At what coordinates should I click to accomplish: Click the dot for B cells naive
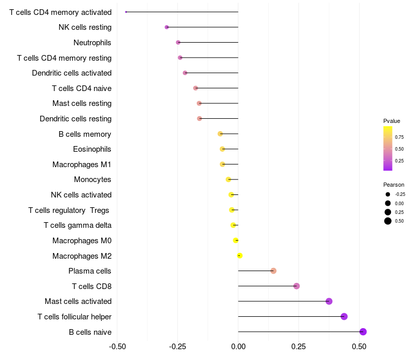(x=363, y=332)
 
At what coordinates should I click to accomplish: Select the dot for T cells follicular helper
(x=344, y=316)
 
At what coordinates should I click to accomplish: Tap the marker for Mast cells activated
(x=329, y=301)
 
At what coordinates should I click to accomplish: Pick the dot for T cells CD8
(x=296, y=286)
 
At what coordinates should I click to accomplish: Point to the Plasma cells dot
(x=273, y=271)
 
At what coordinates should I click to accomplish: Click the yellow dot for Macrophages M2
(x=239, y=256)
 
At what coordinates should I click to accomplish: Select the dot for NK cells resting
(x=166, y=27)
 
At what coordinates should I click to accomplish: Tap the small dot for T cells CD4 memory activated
(x=126, y=12)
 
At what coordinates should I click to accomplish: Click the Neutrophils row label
(x=92, y=42)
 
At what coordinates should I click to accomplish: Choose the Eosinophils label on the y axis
(x=92, y=149)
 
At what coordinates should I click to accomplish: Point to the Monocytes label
(x=92, y=179)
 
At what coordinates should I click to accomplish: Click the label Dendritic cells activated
(x=71, y=73)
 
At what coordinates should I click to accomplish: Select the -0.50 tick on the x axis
(x=118, y=347)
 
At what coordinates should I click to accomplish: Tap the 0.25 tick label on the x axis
(x=299, y=347)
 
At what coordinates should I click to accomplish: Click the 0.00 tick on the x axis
(x=238, y=347)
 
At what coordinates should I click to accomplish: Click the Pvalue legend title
(x=391, y=121)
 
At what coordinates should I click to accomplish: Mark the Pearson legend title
(x=394, y=185)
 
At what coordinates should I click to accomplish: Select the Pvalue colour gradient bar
(x=388, y=148)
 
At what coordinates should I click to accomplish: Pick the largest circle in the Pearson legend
(x=388, y=221)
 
